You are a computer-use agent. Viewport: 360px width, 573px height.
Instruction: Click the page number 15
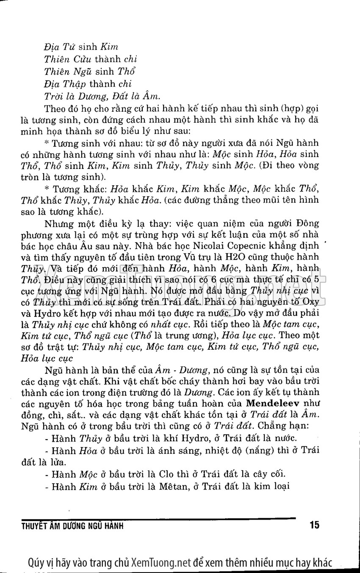(x=314, y=526)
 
